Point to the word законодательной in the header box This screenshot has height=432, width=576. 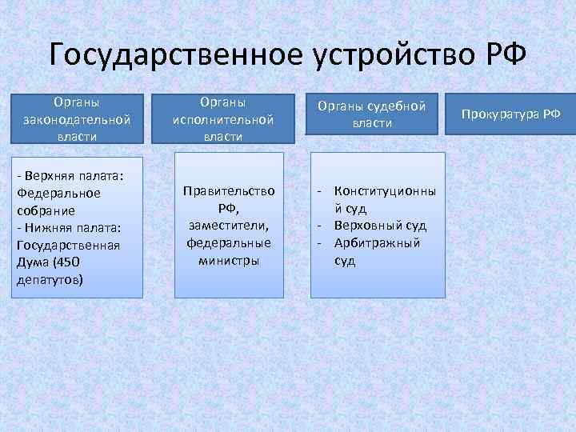click(x=77, y=119)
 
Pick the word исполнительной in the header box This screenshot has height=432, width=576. click(x=223, y=119)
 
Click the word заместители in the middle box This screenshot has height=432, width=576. click(x=226, y=226)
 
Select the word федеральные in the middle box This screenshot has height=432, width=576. click(x=229, y=243)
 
